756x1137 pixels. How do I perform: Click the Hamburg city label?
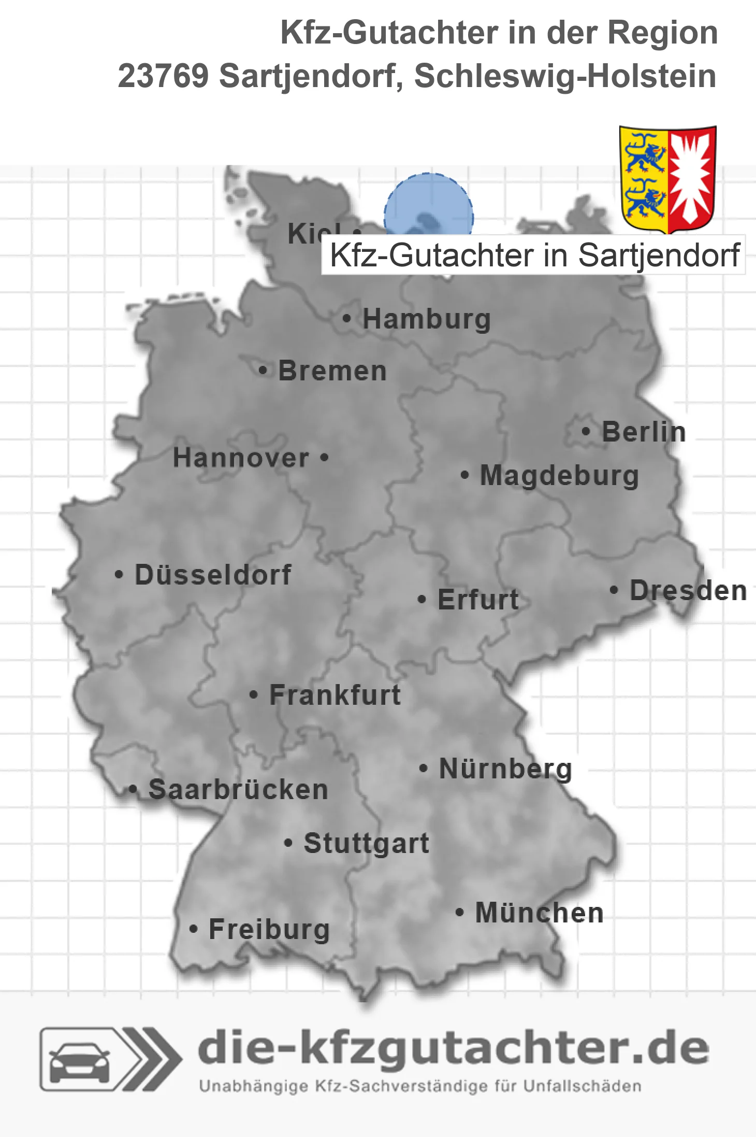coord(426,319)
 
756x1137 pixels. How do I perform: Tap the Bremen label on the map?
coord(332,371)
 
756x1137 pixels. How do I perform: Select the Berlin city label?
coord(644,432)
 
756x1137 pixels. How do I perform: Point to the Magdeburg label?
coord(559,476)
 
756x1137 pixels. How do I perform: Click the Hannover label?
coord(241,458)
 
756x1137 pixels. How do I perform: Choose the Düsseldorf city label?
coord(213,575)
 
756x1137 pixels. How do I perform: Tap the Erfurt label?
coord(478,600)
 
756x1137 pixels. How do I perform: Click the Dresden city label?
coord(688,591)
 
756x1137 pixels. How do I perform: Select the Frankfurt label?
coord(335,695)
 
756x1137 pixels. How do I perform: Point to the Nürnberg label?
coord(505,769)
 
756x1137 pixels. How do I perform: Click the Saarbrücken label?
coord(238,790)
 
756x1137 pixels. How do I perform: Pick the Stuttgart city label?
coord(366,843)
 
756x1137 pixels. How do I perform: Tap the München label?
coord(540,913)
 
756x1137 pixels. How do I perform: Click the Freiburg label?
coord(269,930)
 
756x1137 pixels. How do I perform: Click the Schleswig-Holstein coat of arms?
coord(667,179)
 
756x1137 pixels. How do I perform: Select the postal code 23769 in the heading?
coord(163,76)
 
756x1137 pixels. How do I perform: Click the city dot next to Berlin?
coord(586,431)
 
